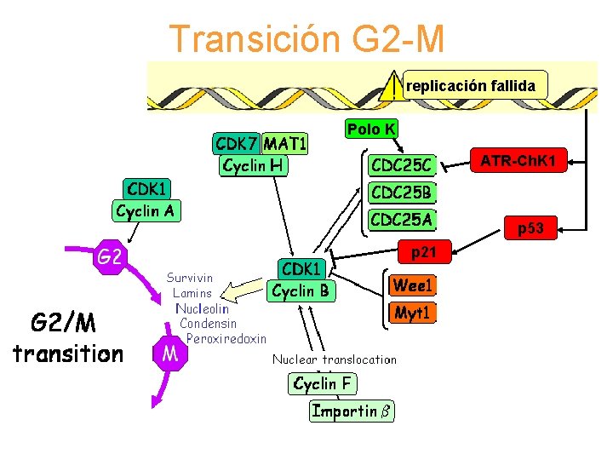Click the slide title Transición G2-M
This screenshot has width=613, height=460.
pos(306,38)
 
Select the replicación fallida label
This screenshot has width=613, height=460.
pos(470,86)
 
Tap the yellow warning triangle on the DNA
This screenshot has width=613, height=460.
pos(389,88)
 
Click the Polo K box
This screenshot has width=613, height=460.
pos(370,129)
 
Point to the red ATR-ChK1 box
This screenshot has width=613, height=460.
pos(518,160)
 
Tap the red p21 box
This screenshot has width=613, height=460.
pos(423,251)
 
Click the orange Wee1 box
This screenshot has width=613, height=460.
pos(412,284)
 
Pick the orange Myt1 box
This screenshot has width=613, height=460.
pos(412,313)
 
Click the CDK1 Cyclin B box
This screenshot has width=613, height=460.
pos(301,280)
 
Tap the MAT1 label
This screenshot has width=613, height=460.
pos(285,142)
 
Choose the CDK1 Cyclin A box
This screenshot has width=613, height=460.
pos(147,198)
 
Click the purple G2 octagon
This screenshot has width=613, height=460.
pos(108,256)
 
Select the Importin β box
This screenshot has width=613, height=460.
pos(351,411)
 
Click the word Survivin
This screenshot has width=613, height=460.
pos(190,278)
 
